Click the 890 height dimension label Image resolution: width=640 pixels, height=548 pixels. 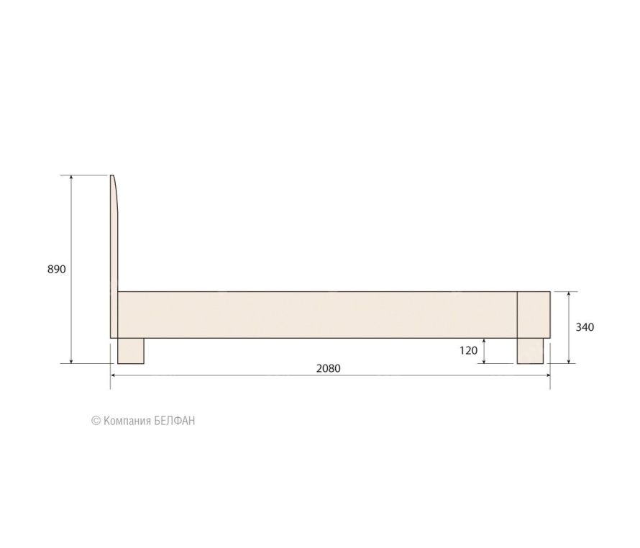(x=56, y=269)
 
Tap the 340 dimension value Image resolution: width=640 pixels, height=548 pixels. (x=585, y=327)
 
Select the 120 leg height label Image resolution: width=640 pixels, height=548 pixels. (x=468, y=350)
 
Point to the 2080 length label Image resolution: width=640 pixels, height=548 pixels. (x=328, y=368)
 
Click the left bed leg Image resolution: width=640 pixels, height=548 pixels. (x=131, y=351)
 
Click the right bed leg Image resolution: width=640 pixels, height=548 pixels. (x=530, y=351)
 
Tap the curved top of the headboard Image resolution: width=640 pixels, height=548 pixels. (x=114, y=192)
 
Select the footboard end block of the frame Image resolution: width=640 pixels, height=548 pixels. (x=534, y=315)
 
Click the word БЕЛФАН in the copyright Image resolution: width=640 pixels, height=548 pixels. (x=175, y=421)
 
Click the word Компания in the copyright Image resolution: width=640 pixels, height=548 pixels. (x=127, y=421)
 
